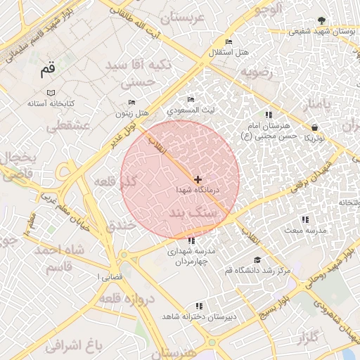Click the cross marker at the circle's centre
[x=198, y=180]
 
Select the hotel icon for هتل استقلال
[x=228, y=42]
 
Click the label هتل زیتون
[x=133, y=113]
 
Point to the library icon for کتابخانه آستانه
[x=50, y=93]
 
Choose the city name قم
[x=47, y=69]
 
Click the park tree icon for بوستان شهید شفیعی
[x=321, y=20]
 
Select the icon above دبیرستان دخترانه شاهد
[x=199, y=306]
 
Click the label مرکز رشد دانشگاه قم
[x=257, y=270]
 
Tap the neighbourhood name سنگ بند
[x=195, y=211]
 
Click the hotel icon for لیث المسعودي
[x=191, y=100]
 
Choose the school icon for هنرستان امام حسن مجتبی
[x=267, y=114]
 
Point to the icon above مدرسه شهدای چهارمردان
[x=192, y=240]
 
